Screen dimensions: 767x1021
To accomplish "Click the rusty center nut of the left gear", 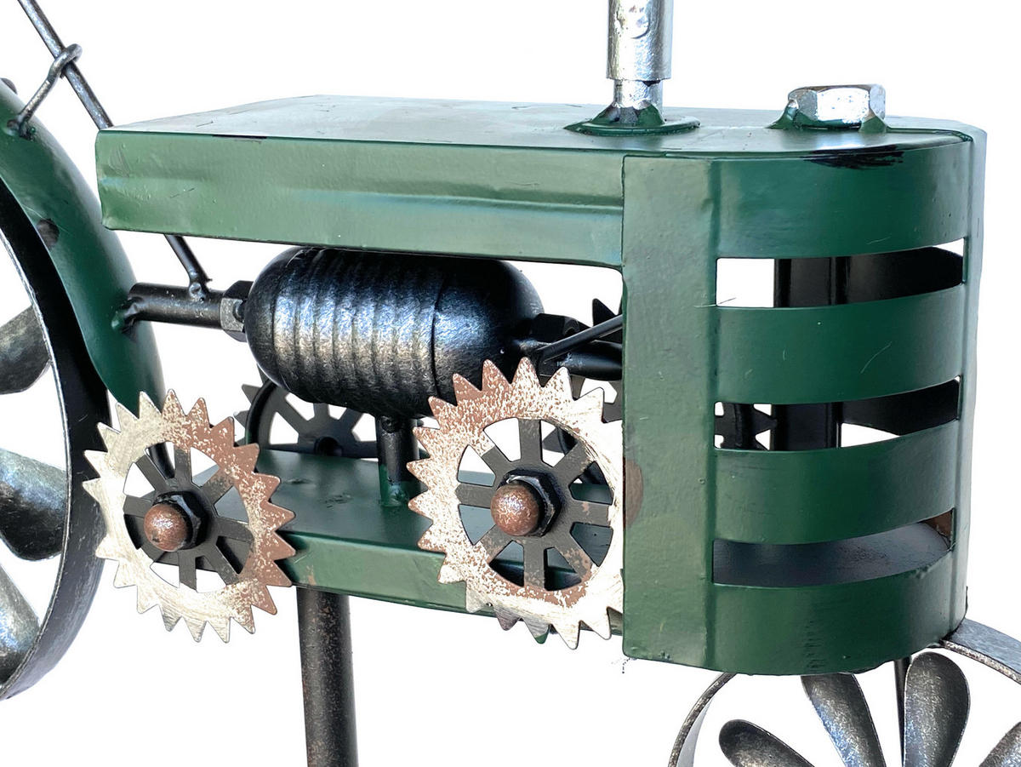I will pyautogui.click(x=167, y=525).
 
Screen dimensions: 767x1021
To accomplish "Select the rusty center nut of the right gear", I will pyautogui.click(x=516, y=507).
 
